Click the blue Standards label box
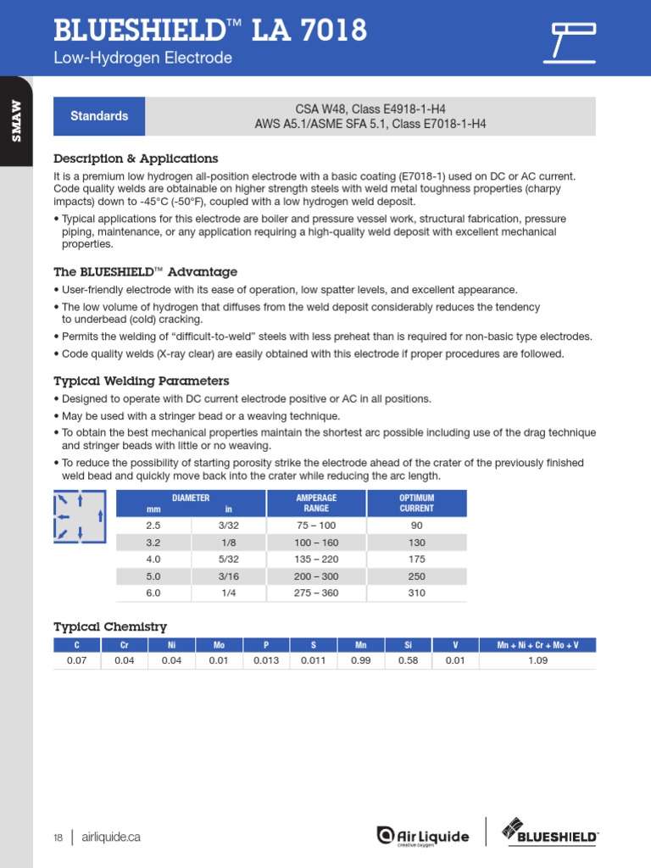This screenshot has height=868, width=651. tap(99, 116)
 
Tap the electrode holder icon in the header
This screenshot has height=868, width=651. tap(569, 42)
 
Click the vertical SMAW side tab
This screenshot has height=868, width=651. tap(16, 121)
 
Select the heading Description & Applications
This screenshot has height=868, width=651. tap(136, 159)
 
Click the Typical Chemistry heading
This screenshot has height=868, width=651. tap(110, 626)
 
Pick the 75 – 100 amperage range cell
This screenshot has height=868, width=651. tap(316, 526)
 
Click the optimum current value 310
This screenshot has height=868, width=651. tap(417, 593)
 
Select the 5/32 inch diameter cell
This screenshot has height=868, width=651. tap(229, 559)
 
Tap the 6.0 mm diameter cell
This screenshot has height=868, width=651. tap(153, 593)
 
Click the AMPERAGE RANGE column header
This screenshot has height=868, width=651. tap(316, 504)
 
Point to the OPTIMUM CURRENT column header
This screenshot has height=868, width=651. tap(417, 504)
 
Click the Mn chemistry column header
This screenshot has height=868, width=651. tap(361, 645)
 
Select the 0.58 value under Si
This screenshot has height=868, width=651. tap(408, 660)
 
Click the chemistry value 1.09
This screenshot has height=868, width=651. tap(537, 660)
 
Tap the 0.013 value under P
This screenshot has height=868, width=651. tap(266, 660)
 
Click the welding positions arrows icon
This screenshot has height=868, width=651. tap(80, 516)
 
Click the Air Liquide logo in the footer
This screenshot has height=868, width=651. tap(422, 836)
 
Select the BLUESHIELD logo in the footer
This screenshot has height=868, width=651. tap(550, 832)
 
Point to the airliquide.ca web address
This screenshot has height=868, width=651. tap(111, 837)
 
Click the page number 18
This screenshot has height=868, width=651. tap(58, 837)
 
